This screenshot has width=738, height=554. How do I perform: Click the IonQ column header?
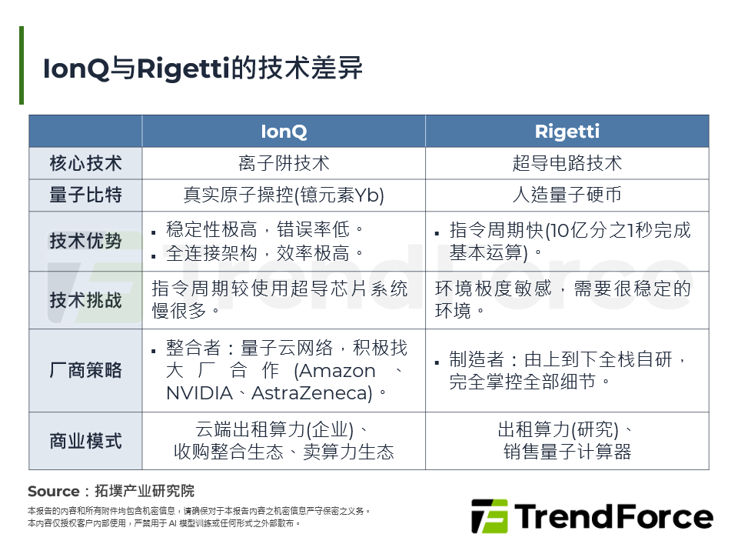pos(284,132)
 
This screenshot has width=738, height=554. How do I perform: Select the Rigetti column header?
pos(567,132)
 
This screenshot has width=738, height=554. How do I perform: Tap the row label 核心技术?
pos(85,163)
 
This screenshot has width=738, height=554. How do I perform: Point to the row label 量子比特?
pos(85,195)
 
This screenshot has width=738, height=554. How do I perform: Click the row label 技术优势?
pos(85,241)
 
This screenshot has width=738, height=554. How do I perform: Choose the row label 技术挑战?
pos(85,300)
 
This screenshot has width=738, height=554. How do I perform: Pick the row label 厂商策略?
pos(85,370)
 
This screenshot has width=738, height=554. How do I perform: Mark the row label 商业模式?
pos(85,441)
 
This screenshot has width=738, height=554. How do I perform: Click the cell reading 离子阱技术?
pos(284,163)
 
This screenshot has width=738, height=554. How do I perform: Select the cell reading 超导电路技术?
pos(567,163)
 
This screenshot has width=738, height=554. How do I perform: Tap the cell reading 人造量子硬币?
pos(567,195)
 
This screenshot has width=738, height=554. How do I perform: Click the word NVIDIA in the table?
pos(199,393)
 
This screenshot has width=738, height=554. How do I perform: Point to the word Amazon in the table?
pos(334,371)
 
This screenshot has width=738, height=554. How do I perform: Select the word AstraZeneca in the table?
pos(311,393)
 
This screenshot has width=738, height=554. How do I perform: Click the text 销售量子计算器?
pos(567,452)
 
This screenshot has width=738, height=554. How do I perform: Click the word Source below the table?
pos(53,492)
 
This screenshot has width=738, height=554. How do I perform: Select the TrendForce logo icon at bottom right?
pos(489,516)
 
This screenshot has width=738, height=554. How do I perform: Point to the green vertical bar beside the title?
pos(22,65)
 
